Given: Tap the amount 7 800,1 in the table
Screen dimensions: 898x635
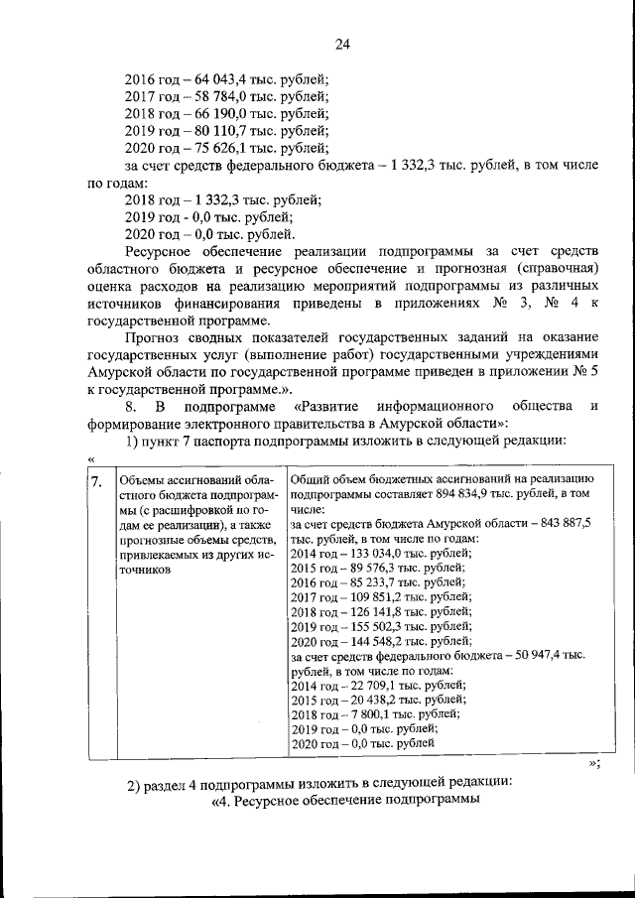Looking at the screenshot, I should tap(371, 713).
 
